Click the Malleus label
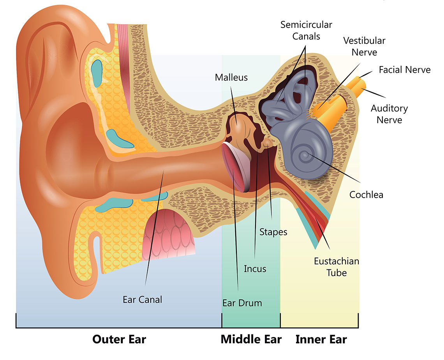point(231,77)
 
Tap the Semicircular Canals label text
point(306,31)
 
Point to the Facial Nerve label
point(405,70)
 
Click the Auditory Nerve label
point(389,114)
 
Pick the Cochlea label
point(366,195)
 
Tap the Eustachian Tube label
point(337,267)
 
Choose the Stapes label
point(273,232)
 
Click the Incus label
point(255,269)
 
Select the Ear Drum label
point(242,303)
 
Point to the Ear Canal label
point(142,300)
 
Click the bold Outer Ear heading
point(119,339)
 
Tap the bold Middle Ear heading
point(251,339)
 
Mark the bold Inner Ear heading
point(321,339)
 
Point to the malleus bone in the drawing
point(238,125)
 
